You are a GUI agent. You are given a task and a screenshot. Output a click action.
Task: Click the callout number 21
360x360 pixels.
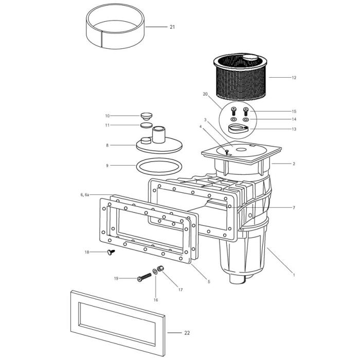click(172, 27)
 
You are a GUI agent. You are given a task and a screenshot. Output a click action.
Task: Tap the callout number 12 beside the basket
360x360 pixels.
click(294, 78)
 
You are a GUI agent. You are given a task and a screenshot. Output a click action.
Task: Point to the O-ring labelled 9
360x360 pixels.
click(160, 167)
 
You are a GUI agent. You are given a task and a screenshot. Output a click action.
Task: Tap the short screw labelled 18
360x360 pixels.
click(109, 252)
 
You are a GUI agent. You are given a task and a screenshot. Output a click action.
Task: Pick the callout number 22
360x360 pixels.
click(187, 333)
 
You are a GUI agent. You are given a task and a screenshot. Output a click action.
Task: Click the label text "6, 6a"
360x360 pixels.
click(85, 195)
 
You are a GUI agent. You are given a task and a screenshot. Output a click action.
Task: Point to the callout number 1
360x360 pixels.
click(294, 275)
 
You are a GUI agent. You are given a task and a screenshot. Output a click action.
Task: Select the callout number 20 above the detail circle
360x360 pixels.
click(205, 94)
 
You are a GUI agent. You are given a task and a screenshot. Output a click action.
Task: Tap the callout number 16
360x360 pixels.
click(156, 299)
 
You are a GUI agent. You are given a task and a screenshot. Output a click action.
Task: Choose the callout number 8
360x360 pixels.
click(107, 146)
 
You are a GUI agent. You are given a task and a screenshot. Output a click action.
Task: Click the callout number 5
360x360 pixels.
click(208, 281)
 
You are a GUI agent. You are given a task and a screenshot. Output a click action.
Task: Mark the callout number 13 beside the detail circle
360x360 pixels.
click(294, 129)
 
